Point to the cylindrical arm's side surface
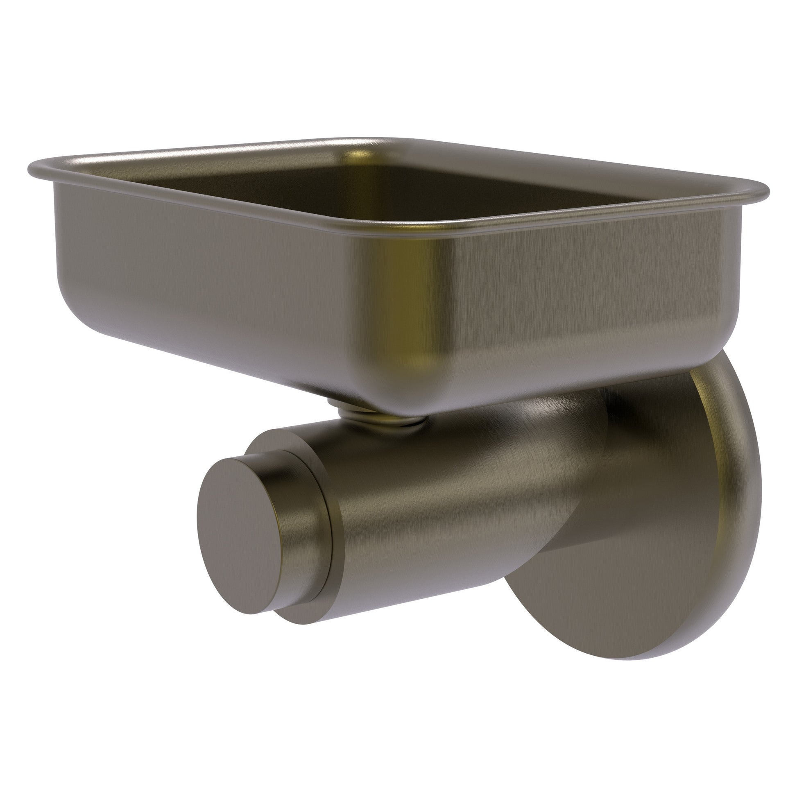pos(433,495)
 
